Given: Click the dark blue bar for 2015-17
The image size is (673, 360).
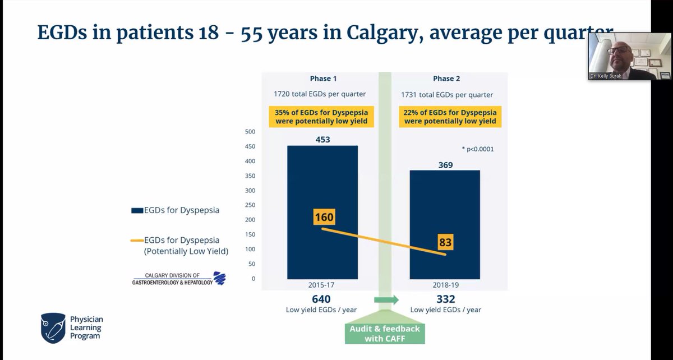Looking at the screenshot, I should (x=322, y=247).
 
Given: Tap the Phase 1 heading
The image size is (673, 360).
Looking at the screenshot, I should (x=324, y=79).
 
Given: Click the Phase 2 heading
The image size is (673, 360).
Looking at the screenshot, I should (x=446, y=79).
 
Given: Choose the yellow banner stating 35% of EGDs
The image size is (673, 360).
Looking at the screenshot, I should (x=324, y=117).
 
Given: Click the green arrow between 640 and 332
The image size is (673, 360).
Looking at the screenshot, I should (x=385, y=300).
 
